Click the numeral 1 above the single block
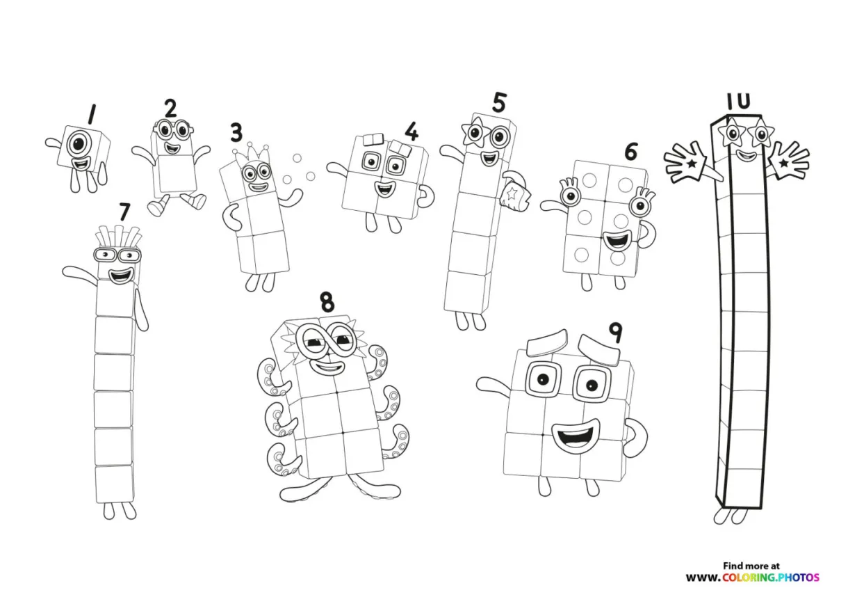tap(91, 113)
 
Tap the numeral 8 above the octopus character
tap(327, 302)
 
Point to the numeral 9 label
tap(614, 333)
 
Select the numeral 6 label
tap(630, 151)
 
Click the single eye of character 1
tap(80, 145)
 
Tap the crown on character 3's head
tap(256, 154)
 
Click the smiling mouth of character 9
tap(575, 436)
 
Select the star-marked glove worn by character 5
tap(515, 192)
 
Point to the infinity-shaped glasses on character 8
tap(325, 340)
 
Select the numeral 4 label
tap(412, 132)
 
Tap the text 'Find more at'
tap(751, 566)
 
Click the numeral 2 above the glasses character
tap(170, 109)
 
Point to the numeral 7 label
tap(124, 210)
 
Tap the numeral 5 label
tap(498, 102)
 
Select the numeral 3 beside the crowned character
tap(237, 132)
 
